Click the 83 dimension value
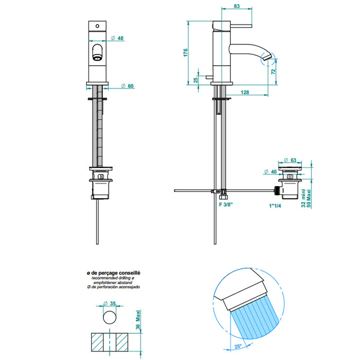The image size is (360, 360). click(237, 6)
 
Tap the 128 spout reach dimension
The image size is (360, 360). click(245, 92)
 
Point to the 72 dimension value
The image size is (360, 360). click(274, 71)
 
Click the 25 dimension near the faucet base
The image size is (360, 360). click(196, 80)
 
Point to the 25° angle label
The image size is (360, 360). click(239, 346)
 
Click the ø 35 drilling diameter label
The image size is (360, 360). click(111, 304)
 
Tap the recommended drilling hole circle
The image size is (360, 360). click(110, 319)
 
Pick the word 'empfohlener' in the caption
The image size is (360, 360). click(103, 283)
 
